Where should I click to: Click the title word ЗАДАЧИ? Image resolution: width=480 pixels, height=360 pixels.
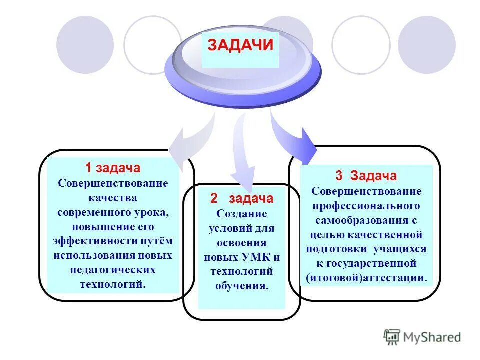pyautogui.click(x=240, y=45)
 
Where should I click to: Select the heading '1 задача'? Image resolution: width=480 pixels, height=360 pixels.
pyautogui.click(x=112, y=168)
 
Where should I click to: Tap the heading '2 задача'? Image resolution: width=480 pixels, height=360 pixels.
pyautogui.click(x=242, y=198)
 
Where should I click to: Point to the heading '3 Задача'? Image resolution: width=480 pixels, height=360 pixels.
pyautogui.click(x=366, y=176)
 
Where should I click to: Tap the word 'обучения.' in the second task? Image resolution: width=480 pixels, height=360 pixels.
pyautogui.click(x=242, y=286)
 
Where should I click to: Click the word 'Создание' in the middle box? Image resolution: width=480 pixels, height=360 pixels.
pyautogui.click(x=242, y=213)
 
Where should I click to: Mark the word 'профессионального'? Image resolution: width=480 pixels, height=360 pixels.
pyautogui.click(x=366, y=205)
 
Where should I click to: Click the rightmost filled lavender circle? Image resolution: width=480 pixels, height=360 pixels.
pyautogui.click(x=426, y=45)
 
